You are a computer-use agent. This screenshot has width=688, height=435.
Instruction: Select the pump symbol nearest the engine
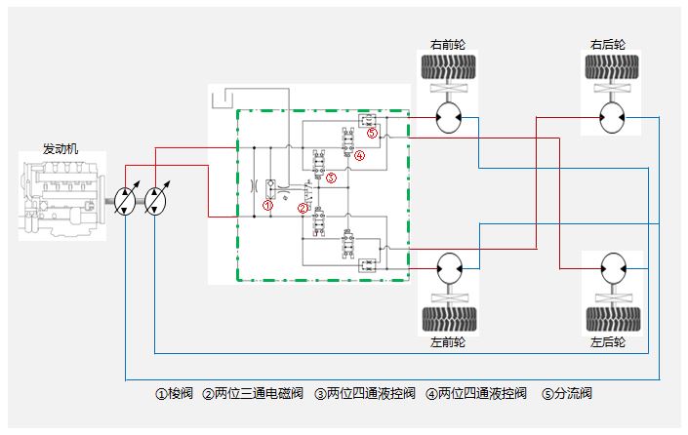pyautogui.click(x=128, y=200)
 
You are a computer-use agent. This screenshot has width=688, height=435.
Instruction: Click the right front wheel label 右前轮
pyautogui.click(x=448, y=45)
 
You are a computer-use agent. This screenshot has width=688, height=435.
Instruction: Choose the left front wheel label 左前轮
pyautogui.click(x=448, y=343)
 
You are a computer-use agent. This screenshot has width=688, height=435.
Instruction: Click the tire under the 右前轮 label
pyautogui.click(x=448, y=68)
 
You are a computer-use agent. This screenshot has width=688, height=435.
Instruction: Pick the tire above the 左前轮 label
pyautogui.click(x=448, y=319)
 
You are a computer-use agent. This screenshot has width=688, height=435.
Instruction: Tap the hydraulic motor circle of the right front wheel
pyautogui.click(x=450, y=118)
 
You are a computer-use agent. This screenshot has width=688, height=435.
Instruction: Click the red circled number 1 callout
pyautogui.click(x=268, y=204)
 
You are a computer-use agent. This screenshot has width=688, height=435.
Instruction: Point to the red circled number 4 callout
pyautogui.click(x=359, y=155)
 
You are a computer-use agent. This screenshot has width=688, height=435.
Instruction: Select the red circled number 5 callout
pyautogui.click(x=372, y=134)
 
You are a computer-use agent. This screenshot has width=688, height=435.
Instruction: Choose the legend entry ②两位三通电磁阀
pyautogui.click(x=254, y=394)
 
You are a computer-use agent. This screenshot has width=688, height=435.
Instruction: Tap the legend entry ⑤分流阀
pyautogui.click(x=567, y=394)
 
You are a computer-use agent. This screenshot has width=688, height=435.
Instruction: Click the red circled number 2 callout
pyautogui.click(x=303, y=208)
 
